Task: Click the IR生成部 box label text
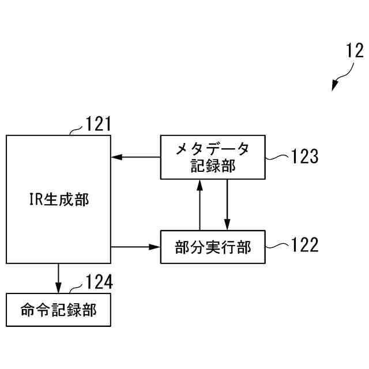tap(59, 200)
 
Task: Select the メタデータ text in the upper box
tap(213, 149)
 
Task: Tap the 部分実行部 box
tap(213, 247)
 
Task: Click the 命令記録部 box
tap(58, 310)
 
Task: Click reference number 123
tap(304, 156)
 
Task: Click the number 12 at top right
tap(355, 51)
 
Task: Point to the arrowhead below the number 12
tap(334, 87)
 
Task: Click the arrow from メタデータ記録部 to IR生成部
tap(135, 156)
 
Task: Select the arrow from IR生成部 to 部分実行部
tap(135, 247)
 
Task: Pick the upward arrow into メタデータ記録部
tap(199, 205)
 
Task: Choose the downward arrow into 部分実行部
tap(227, 205)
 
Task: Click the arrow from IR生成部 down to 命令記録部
tap(58, 278)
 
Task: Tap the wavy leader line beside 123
tap(278, 156)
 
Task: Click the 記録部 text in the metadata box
tap(213, 166)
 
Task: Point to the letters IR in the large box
tap(36, 200)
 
